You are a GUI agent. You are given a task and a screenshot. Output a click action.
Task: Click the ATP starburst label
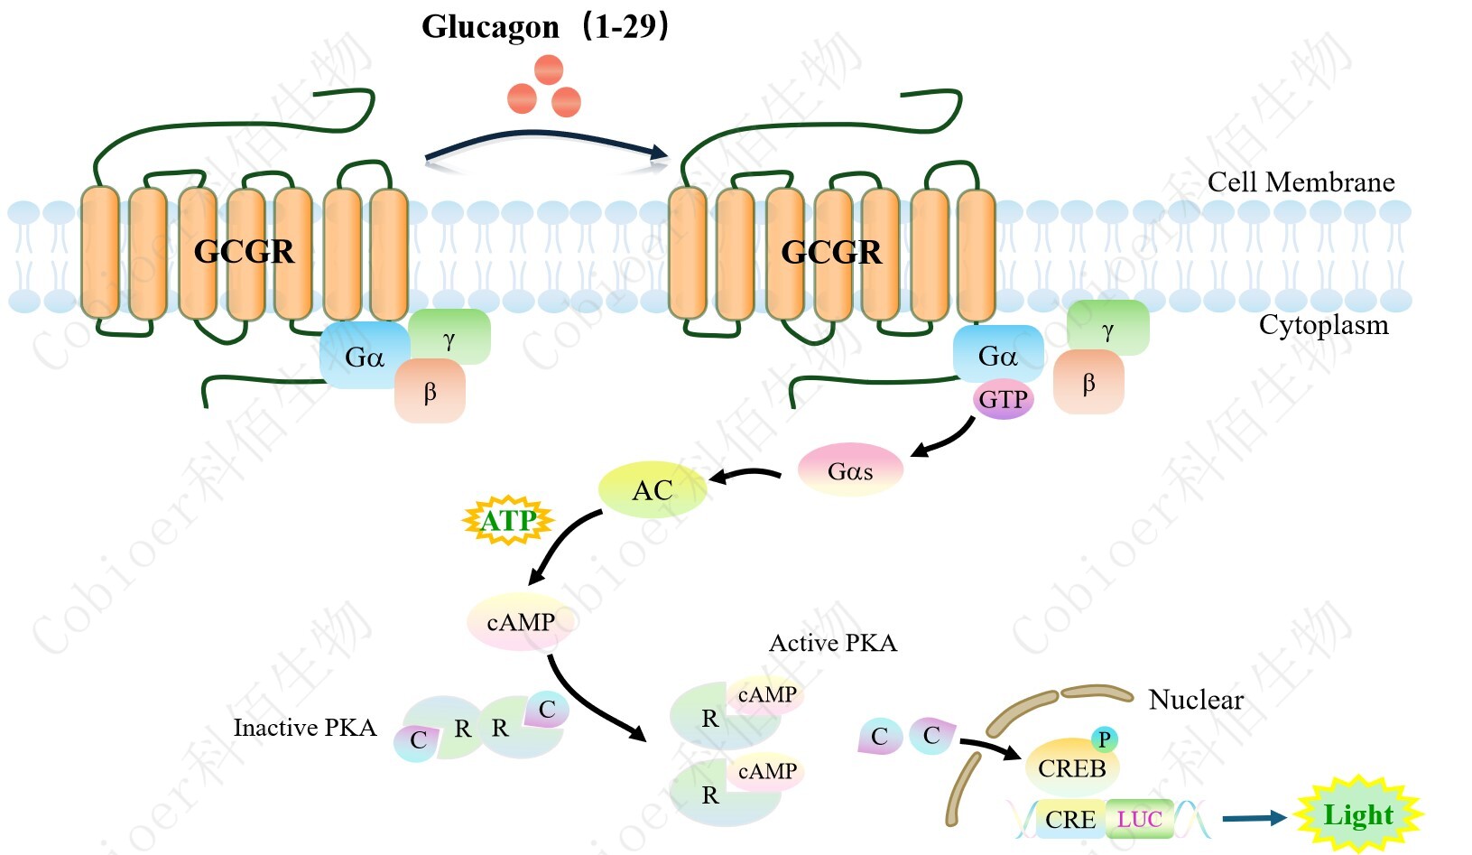(508, 520)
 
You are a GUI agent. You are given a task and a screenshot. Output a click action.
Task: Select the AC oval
(652, 490)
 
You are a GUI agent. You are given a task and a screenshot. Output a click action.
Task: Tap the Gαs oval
(850, 470)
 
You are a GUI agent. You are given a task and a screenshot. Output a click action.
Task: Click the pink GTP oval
(1003, 400)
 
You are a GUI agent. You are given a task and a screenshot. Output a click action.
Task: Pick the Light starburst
(1357, 815)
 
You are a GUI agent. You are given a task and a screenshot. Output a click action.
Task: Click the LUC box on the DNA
(1139, 819)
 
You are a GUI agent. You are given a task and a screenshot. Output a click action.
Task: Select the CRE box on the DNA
(1070, 819)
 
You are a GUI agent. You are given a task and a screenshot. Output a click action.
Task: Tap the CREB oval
(1071, 768)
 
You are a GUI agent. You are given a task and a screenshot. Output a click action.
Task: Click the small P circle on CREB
(1104, 739)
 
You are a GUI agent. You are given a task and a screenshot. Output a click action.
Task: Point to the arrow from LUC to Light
(1254, 818)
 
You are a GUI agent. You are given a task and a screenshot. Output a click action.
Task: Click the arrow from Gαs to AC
(745, 474)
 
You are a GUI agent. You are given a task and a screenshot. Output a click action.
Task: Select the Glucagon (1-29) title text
(545, 26)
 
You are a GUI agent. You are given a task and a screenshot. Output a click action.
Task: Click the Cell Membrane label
(1301, 182)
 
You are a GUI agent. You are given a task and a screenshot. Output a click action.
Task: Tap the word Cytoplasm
(1323, 325)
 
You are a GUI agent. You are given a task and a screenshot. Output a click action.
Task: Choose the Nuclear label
(1196, 700)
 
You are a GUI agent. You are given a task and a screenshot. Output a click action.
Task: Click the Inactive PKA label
(304, 728)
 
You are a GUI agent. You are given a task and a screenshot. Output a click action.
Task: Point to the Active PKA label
(832, 643)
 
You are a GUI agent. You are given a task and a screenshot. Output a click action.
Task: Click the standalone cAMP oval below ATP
(520, 622)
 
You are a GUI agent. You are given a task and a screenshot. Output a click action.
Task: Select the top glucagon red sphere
(548, 70)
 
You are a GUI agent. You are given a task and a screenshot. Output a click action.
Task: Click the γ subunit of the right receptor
(1107, 329)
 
